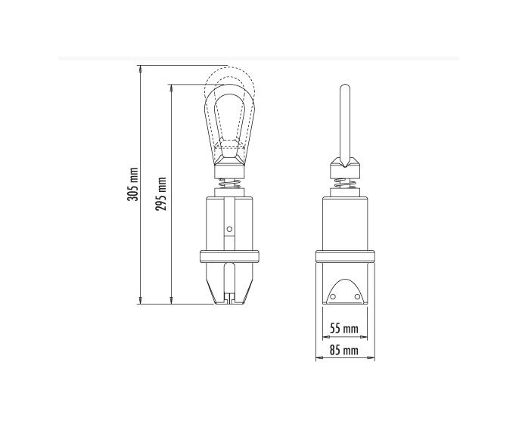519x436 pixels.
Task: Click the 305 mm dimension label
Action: point(132,184)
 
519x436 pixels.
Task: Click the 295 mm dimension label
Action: point(161,193)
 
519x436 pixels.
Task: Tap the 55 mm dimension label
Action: point(344,329)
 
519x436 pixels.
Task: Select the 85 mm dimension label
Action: point(344,350)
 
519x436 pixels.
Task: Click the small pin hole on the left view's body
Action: point(229,229)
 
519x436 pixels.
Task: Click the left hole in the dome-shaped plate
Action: point(333,296)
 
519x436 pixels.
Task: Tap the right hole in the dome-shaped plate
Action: point(357,296)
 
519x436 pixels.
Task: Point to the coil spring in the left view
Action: point(229,183)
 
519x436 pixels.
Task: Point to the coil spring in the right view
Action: point(345,184)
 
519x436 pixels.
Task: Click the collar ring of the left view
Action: point(229,257)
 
